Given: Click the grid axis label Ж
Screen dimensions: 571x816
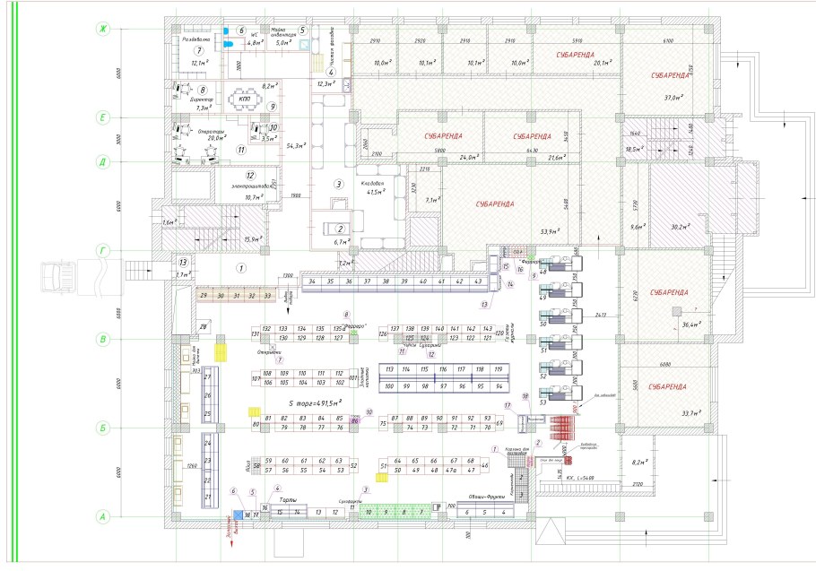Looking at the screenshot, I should pyautogui.click(x=103, y=30).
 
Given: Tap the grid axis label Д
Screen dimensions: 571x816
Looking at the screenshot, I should pyautogui.click(x=103, y=162).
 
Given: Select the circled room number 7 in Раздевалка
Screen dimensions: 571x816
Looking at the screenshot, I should pyautogui.click(x=198, y=50).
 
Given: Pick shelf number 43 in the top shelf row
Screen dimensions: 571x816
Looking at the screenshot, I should pyautogui.click(x=479, y=281).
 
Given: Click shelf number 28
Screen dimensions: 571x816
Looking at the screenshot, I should pyautogui.click(x=204, y=327).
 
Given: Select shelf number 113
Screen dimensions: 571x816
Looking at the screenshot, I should pyautogui.click(x=389, y=368).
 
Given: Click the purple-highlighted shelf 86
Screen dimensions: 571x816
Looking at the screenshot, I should pyautogui.click(x=355, y=420).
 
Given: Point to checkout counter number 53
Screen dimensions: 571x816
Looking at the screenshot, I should pyautogui.click(x=543, y=402).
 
